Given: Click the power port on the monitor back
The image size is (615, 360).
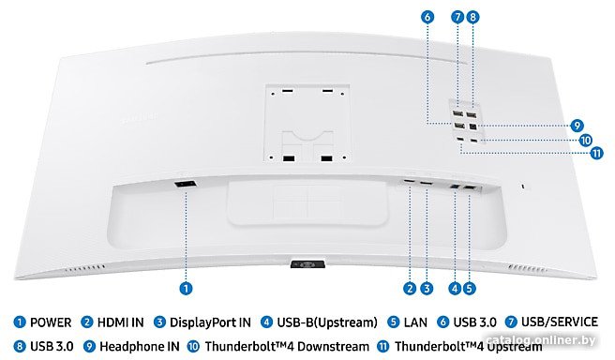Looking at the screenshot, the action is tap(185, 184).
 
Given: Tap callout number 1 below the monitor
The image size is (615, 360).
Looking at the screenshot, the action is tap(186, 289).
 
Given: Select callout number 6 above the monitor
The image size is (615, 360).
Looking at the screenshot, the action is tap(427, 17).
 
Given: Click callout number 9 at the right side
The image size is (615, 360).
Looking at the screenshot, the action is tap(577, 126).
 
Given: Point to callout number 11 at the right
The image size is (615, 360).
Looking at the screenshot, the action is tap(597, 153).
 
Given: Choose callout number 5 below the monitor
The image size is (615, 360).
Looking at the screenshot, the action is tap(469, 289).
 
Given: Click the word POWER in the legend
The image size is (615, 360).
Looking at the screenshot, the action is tap(51, 322).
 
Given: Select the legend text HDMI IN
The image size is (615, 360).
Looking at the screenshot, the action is tap(120, 322).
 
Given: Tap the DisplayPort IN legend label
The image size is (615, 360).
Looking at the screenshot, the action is tap(210, 322).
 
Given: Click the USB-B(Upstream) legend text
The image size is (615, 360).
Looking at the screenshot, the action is tap(327, 322).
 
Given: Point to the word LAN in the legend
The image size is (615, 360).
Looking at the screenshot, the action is tap(415, 322).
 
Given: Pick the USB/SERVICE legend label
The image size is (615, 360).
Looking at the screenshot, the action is tap(560, 322).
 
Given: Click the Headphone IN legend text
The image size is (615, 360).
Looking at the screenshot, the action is tap(140, 347).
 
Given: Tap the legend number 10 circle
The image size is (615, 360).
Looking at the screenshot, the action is tap(193, 347).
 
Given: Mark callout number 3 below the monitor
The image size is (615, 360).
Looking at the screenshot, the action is tap(427, 289).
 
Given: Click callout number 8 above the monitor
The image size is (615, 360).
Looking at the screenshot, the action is tap(472, 17).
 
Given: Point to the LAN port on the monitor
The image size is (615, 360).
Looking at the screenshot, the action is tap(470, 188).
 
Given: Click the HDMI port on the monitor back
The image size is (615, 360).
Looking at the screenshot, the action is tap(409, 182).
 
